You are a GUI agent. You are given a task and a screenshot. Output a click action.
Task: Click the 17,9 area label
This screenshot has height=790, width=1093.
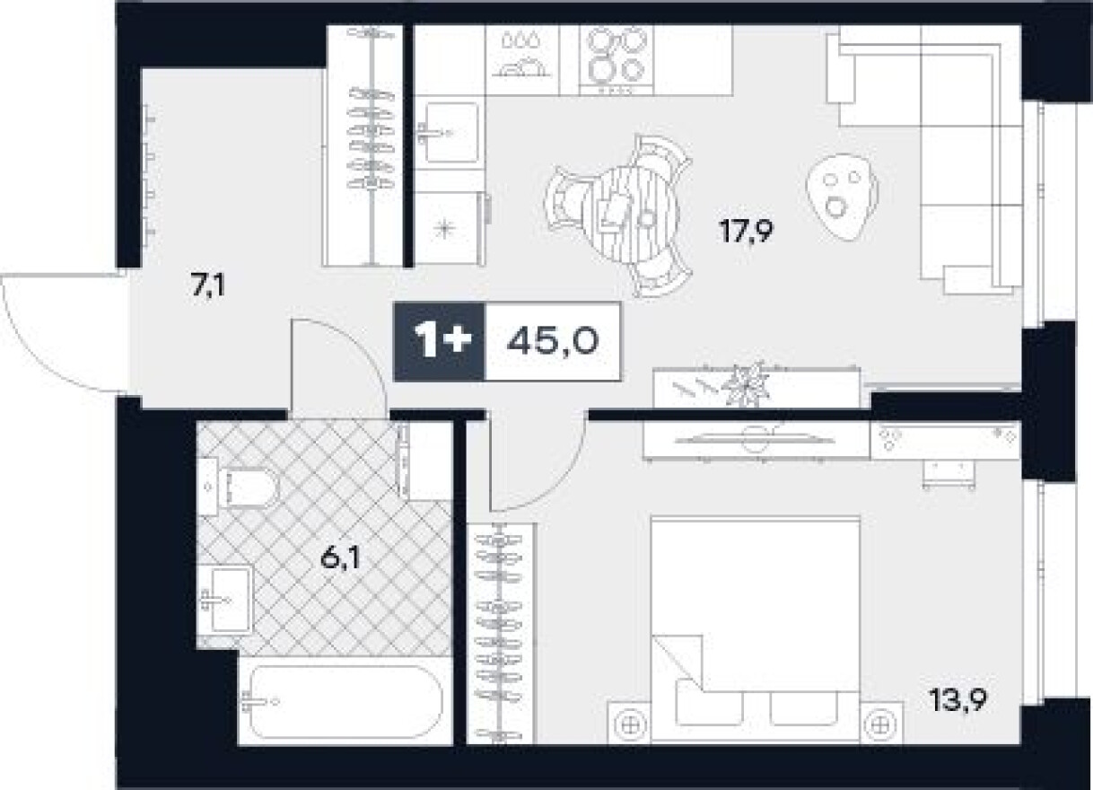(746, 231)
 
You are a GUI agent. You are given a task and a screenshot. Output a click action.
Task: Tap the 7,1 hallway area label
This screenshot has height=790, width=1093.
(208, 285)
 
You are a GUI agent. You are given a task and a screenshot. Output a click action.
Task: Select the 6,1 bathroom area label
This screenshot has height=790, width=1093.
(340, 557)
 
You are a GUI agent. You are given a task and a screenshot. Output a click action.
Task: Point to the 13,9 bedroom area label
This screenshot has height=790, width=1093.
(958, 699)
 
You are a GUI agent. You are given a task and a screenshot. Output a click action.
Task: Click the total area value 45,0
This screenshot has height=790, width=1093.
(553, 341)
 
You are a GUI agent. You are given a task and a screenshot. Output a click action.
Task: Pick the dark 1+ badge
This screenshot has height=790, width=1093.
(439, 341)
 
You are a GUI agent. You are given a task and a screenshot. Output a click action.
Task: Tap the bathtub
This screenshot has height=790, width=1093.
(345, 702)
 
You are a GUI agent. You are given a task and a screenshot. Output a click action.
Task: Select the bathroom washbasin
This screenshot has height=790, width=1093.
(225, 598)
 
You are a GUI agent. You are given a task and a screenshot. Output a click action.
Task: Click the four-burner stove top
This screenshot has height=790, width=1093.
(616, 60)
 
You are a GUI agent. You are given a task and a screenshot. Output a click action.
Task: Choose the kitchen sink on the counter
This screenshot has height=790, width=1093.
(450, 132)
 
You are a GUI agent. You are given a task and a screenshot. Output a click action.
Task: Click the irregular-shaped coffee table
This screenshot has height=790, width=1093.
(843, 197)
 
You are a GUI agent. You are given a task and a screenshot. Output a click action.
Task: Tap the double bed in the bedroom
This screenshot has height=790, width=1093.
(756, 629)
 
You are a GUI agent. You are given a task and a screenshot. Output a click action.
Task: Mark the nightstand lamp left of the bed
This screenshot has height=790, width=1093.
(630, 725)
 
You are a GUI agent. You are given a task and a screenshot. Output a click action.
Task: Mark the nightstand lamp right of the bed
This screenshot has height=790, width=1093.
(880, 725)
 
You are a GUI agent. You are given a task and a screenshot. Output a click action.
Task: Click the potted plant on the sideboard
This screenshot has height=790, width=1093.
(745, 383)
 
